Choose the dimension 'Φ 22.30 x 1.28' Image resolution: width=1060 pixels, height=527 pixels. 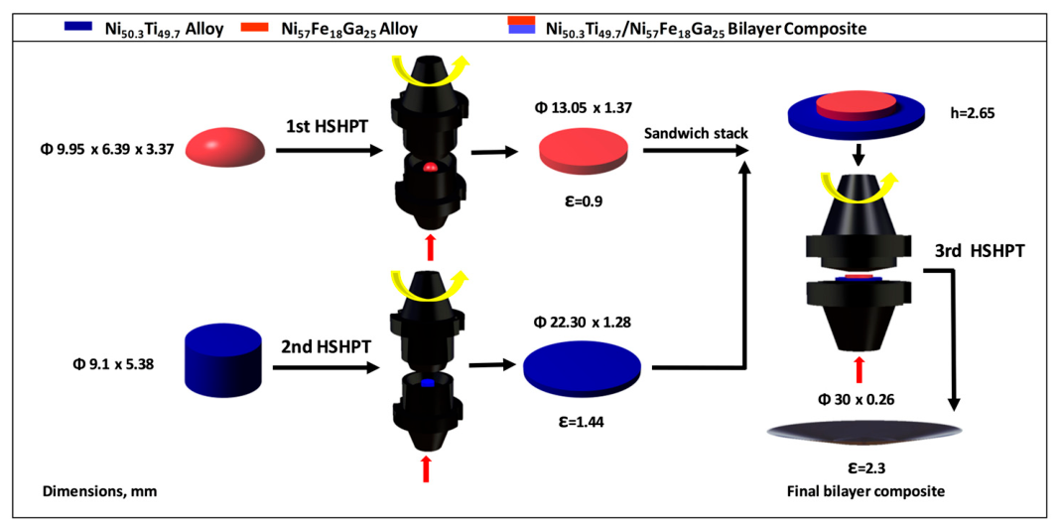pos(583,323)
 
